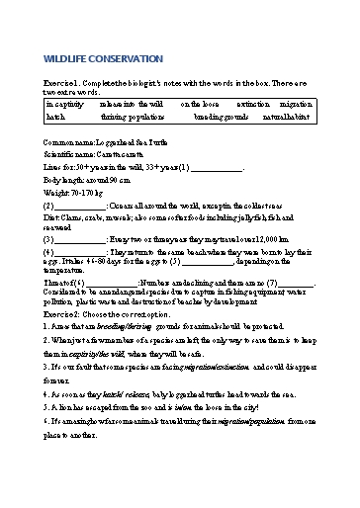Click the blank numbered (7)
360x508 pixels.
[x=297, y=284]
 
